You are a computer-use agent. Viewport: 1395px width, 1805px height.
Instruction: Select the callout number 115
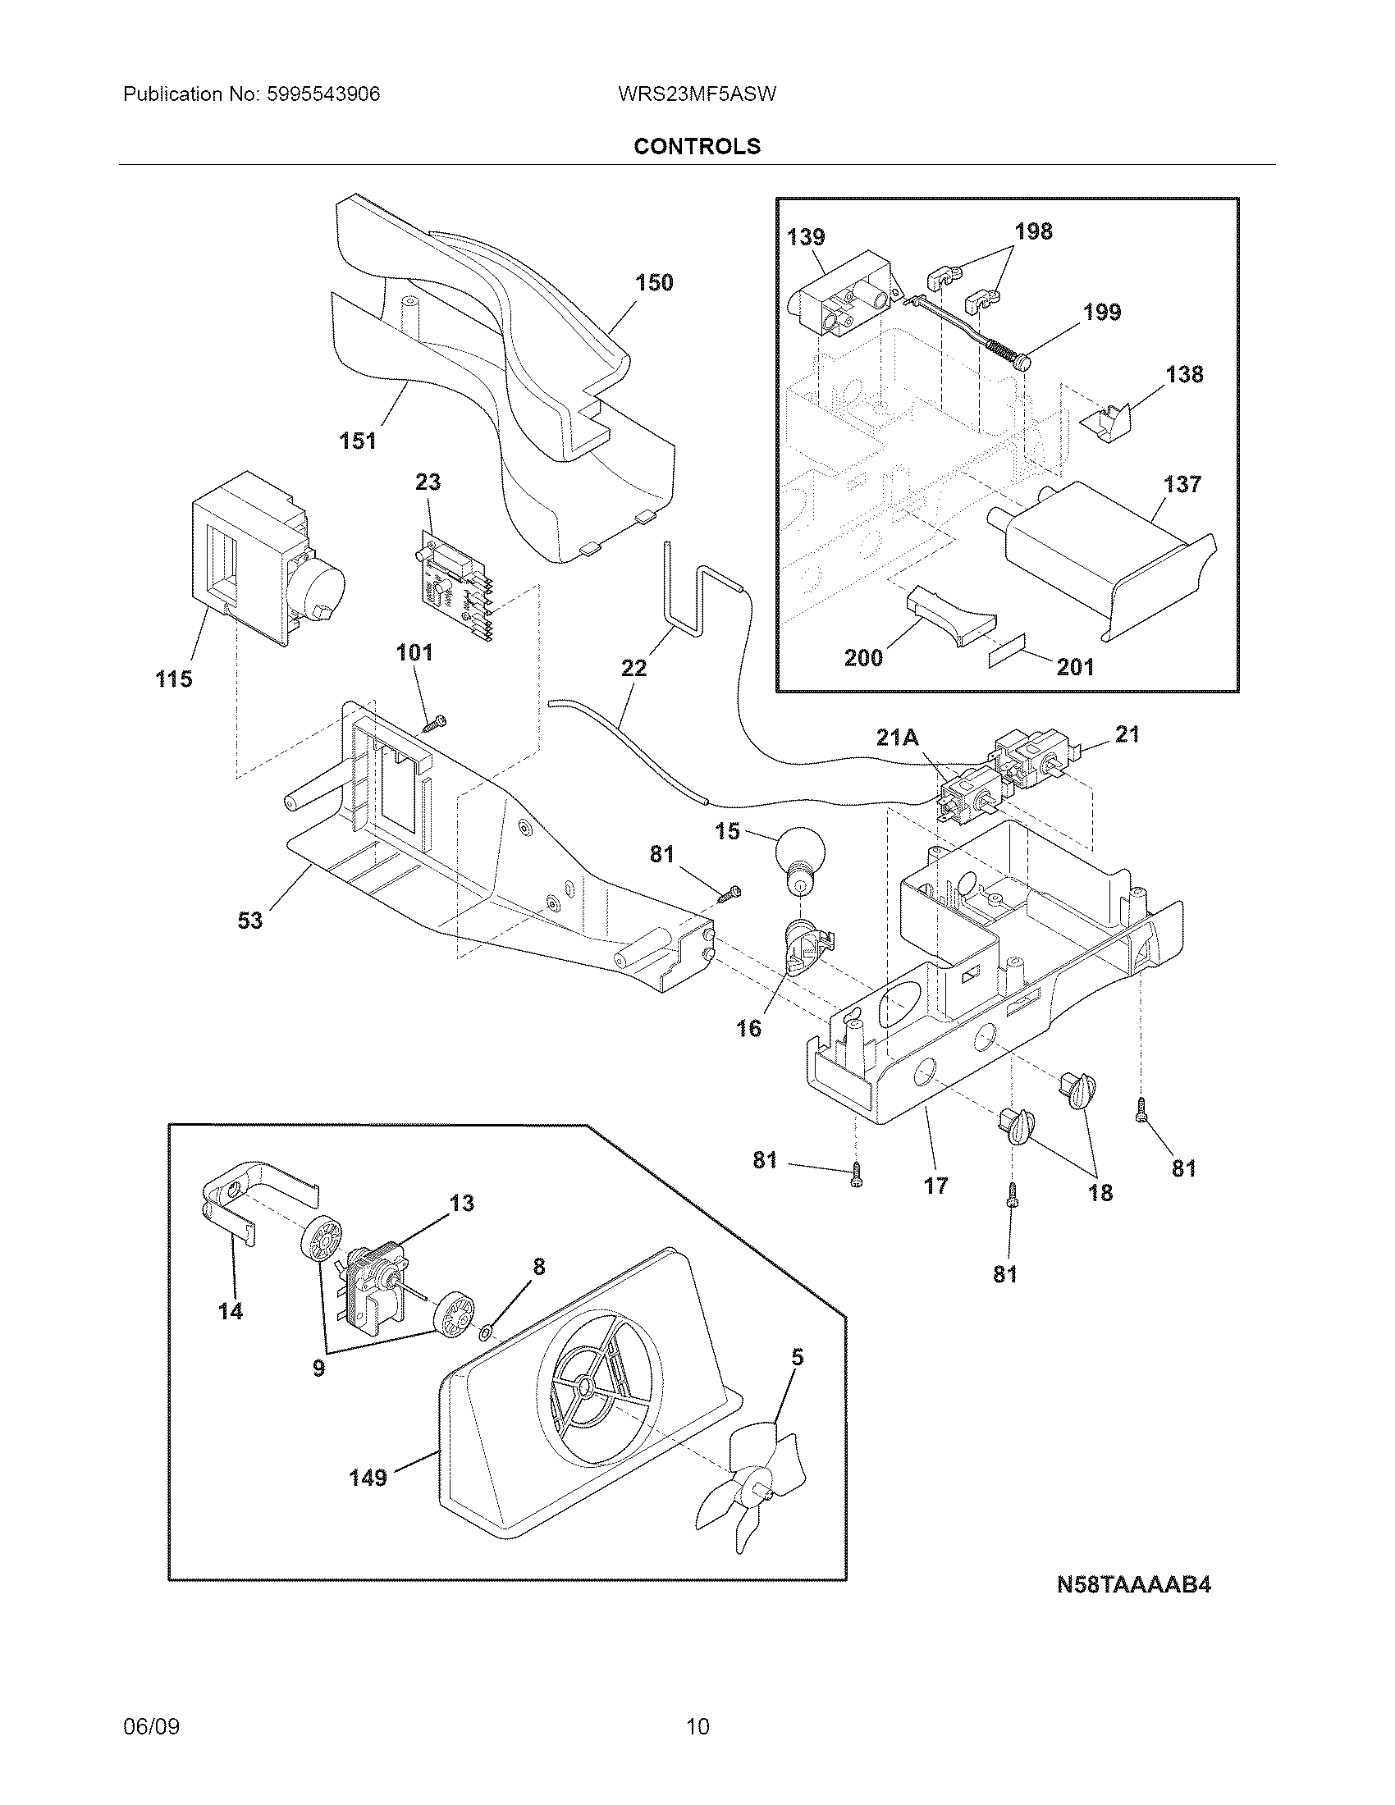[173, 679]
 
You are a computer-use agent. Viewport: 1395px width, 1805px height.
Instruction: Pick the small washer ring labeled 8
[486, 1332]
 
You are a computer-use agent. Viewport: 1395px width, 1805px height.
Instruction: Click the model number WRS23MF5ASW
[697, 94]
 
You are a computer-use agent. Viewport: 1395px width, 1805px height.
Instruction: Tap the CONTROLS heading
[697, 146]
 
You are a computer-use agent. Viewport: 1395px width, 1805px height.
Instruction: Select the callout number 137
[1182, 484]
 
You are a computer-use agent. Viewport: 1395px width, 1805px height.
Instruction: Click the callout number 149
[368, 1477]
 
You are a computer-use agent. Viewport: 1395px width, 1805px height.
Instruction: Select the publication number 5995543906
[322, 94]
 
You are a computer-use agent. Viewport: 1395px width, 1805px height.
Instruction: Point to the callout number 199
[1102, 313]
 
